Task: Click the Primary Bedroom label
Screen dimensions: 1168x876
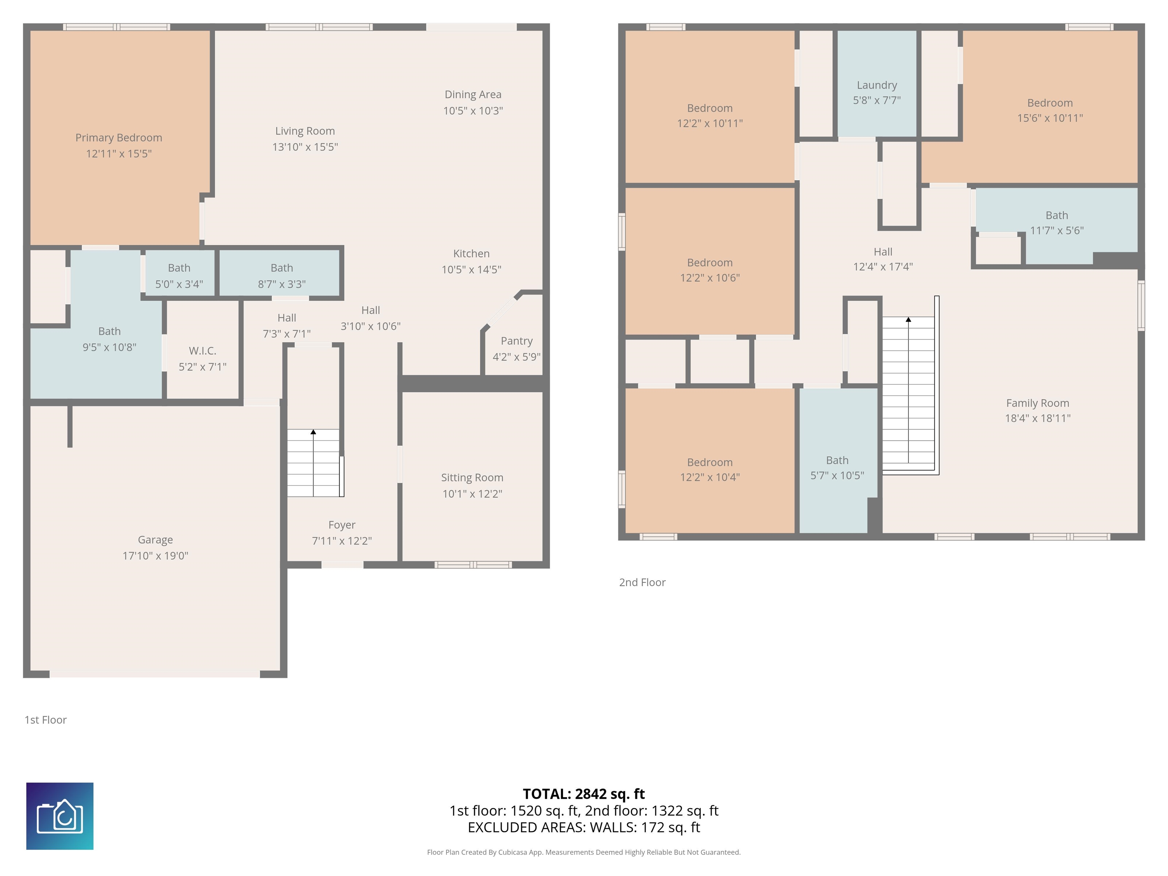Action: (119, 138)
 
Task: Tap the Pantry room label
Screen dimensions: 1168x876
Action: (516, 341)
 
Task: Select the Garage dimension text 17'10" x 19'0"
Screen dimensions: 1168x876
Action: (155, 555)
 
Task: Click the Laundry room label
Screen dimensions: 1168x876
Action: (876, 85)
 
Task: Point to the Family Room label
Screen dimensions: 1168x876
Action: (1038, 403)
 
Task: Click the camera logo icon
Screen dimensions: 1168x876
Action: (60, 816)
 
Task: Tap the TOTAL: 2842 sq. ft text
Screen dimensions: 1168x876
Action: (584, 793)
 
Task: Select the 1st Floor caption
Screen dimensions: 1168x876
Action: (45, 720)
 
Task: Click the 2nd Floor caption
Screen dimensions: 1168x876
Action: (642, 582)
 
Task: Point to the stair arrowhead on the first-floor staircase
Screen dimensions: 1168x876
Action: (313, 432)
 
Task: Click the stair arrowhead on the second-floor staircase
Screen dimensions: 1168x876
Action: (908, 319)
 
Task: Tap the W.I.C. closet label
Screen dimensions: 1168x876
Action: (203, 351)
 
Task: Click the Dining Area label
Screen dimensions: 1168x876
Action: (473, 95)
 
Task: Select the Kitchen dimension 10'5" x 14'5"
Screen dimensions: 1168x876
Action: (471, 269)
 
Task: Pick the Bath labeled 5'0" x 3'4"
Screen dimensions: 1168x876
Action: (179, 268)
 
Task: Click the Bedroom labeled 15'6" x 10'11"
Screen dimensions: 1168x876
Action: (1050, 103)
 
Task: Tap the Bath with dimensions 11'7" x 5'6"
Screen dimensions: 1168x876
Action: (1057, 216)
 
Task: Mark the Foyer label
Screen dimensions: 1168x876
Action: (342, 525)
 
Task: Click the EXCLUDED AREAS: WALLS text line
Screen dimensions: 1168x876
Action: (584, 827)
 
